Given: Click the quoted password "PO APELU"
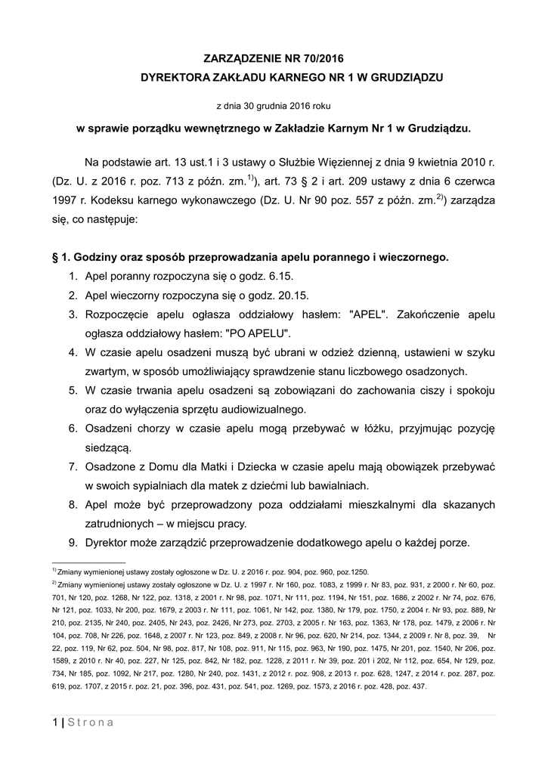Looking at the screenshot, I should point(257,333).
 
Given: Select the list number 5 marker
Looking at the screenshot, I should point(73,390).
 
